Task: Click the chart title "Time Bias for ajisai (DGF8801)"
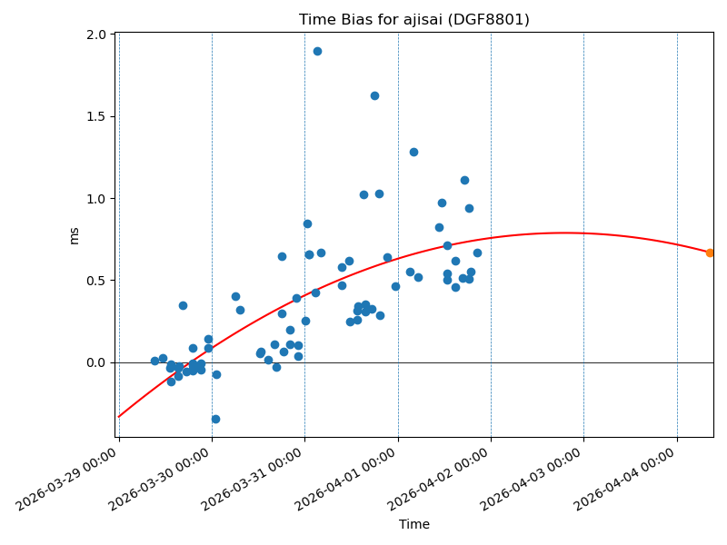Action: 414,20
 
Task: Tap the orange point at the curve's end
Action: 710,253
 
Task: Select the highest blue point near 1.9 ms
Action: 317,51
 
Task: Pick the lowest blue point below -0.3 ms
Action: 215,419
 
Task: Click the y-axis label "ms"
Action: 75,235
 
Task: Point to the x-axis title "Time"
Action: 414,524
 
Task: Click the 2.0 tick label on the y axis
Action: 95,35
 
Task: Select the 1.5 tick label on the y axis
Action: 95,116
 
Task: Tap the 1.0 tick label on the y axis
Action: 95,199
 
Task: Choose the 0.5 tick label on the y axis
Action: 95,281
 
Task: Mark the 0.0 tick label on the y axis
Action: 95,362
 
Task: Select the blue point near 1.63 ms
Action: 374,95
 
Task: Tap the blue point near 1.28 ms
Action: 413,152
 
